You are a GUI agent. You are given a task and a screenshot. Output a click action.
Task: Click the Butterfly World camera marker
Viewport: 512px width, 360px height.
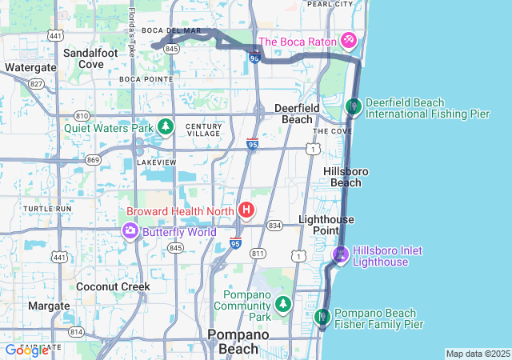coord(130,231)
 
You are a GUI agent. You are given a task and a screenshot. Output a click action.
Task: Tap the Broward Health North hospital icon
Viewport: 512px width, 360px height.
coord(246,211)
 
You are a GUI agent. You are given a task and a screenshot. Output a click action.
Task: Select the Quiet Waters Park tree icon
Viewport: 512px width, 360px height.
coord(165,126)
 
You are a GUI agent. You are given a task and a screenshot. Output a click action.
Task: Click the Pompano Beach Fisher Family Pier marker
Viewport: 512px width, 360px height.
coord(322,318)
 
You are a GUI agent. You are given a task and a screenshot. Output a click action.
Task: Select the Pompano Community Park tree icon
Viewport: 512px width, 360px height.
coord(282,304)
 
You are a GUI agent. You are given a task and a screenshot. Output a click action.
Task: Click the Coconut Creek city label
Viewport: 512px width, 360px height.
coord(113,286)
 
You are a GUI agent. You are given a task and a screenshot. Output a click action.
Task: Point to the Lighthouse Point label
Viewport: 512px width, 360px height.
coord(326,225)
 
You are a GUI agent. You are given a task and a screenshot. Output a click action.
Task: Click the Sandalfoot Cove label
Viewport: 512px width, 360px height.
coord(90,58)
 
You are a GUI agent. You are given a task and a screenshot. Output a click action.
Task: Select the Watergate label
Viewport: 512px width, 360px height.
coord(30,67)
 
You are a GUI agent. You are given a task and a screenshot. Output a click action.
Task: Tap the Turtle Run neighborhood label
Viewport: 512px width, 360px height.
coord(47,209)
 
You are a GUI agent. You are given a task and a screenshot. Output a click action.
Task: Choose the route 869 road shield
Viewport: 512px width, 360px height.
coord(94,160)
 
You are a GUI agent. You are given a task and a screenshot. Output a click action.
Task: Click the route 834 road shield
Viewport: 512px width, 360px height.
coord(274,226)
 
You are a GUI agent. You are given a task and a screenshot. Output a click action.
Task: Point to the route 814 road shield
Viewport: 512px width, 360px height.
coord(76,330)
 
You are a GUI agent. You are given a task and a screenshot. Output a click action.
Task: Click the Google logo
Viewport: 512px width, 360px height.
coord(26,350)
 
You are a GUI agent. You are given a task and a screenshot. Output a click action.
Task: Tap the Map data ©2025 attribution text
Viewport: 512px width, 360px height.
coord(478,354)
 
